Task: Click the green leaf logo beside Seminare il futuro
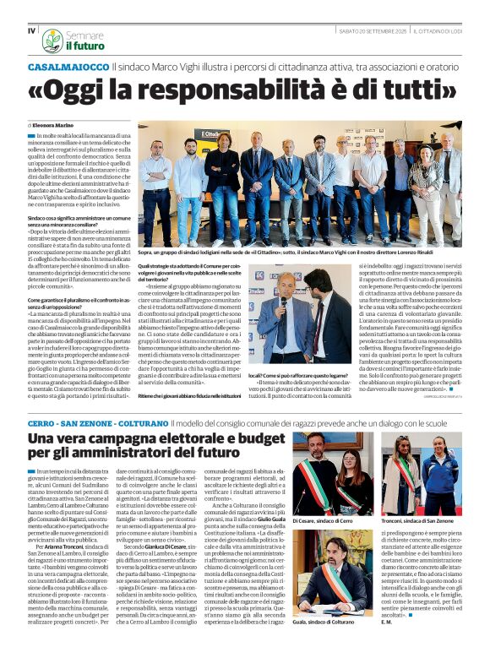pyautogui.click(x=52, y=39)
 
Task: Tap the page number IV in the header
pyautogui.click(x=31, y=30)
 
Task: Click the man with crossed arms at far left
pyautogui.click(x=155, y=182)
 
